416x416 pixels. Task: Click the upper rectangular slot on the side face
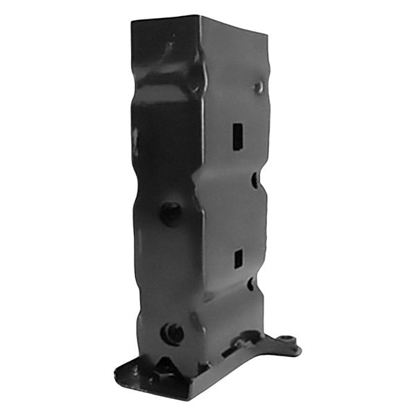pos(237,136)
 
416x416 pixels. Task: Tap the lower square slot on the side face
pos(237,259)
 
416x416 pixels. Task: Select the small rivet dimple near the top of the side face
pos(258,87)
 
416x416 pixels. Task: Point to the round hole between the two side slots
pos(254,180)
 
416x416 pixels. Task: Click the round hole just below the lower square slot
pos(250,284)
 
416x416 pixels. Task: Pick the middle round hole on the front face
pos(170,212)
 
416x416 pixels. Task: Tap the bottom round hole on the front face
pos(171,333)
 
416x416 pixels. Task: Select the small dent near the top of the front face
pos(168,46)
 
